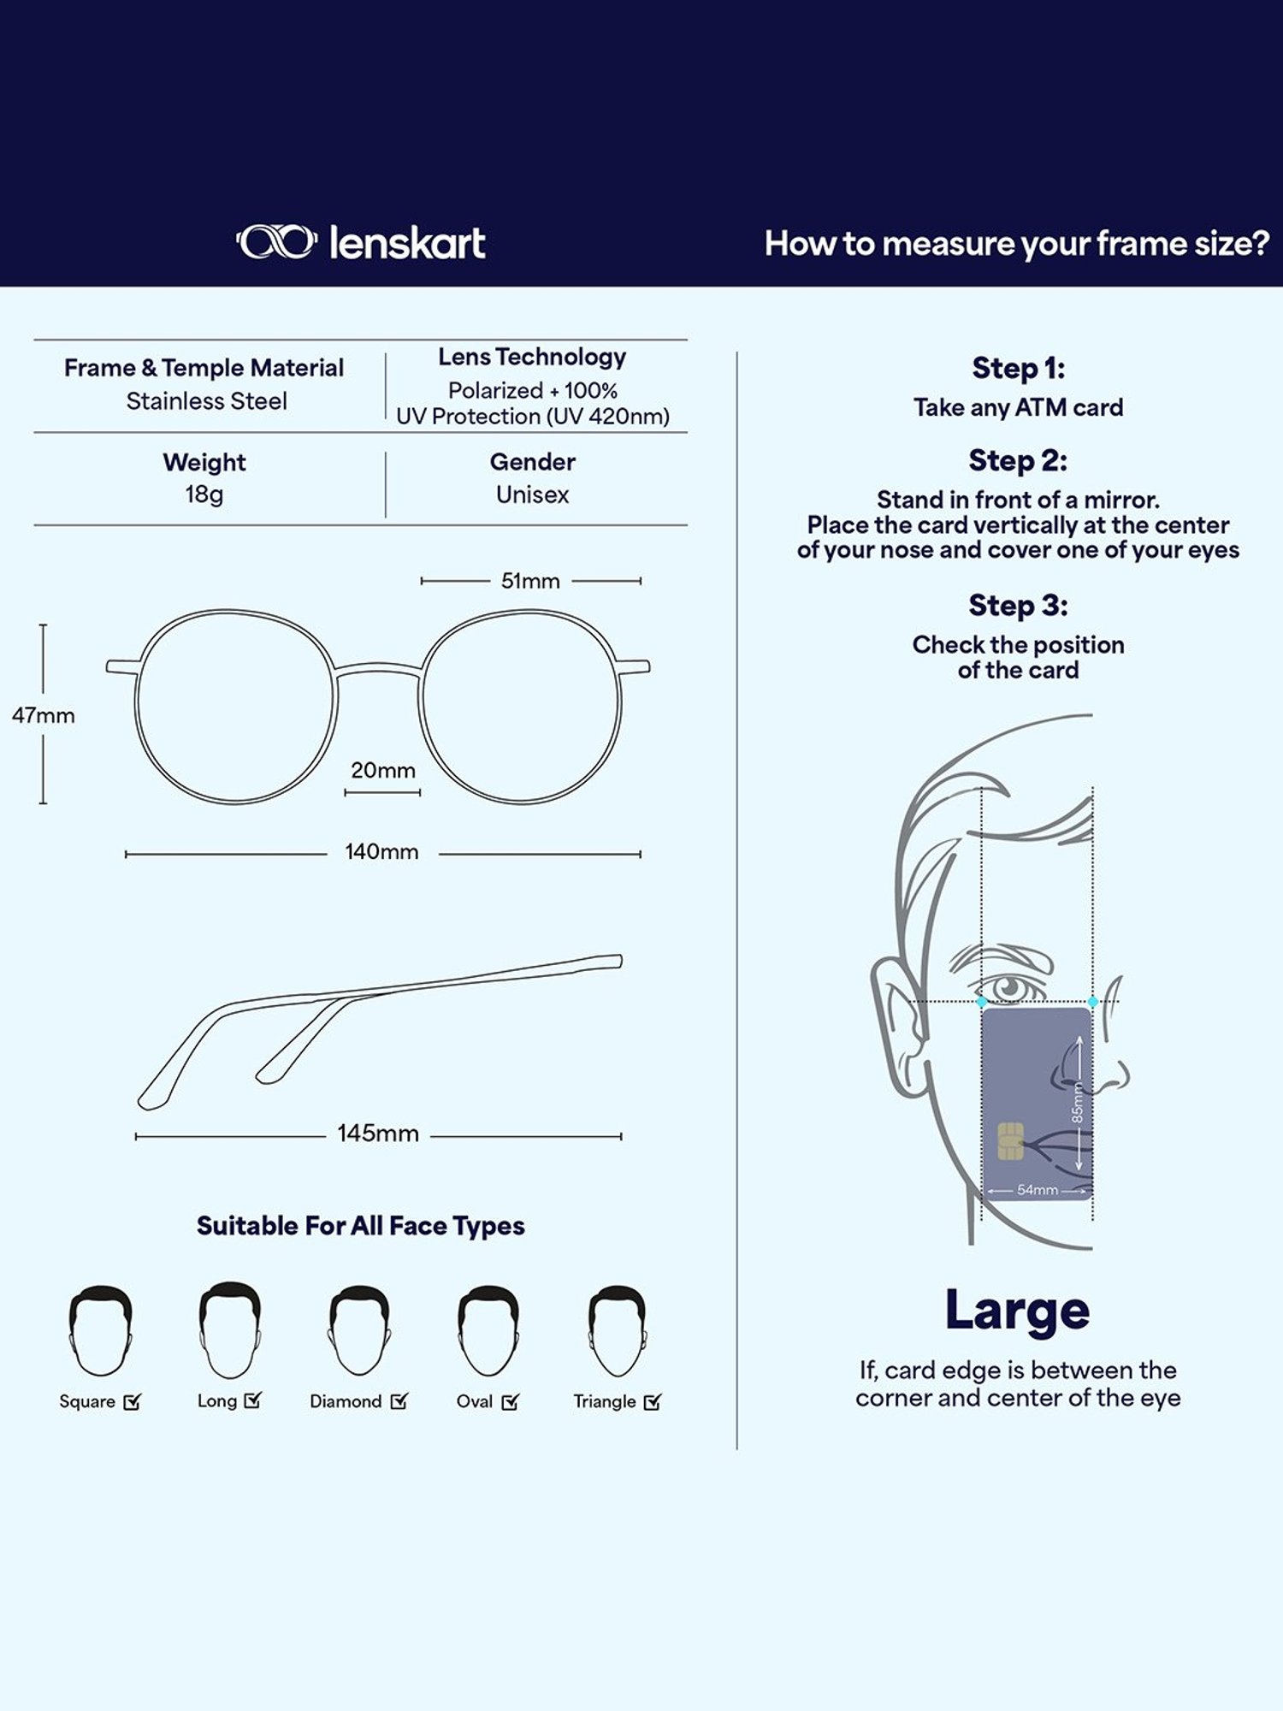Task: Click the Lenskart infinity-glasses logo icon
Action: [x=276, y=242]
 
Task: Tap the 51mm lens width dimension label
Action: [x=530, y=581]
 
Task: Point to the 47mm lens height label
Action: [x=44, y=715]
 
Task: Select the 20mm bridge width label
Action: [x=383, y=770]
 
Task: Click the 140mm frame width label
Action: [x=381, y=852]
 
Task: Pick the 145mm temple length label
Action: [x=378, y=1134]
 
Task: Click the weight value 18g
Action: [x=204, y=495]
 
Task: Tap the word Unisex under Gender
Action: [x=532, y=494]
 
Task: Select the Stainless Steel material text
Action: [x=207, y=401]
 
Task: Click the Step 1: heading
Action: [x=1019, y=369]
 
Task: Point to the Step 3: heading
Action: [x=1019, y=606]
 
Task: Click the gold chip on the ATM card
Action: [x=1011, y=1141]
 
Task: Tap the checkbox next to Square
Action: [x=132, y=1401]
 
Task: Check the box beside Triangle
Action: [x=653, y=1401]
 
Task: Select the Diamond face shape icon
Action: [x=359, y=1330]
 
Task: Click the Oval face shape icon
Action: [x=488, y=1330]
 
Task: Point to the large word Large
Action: [x=1018, y=1311]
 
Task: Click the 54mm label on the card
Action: [x=1038, y=1190]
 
